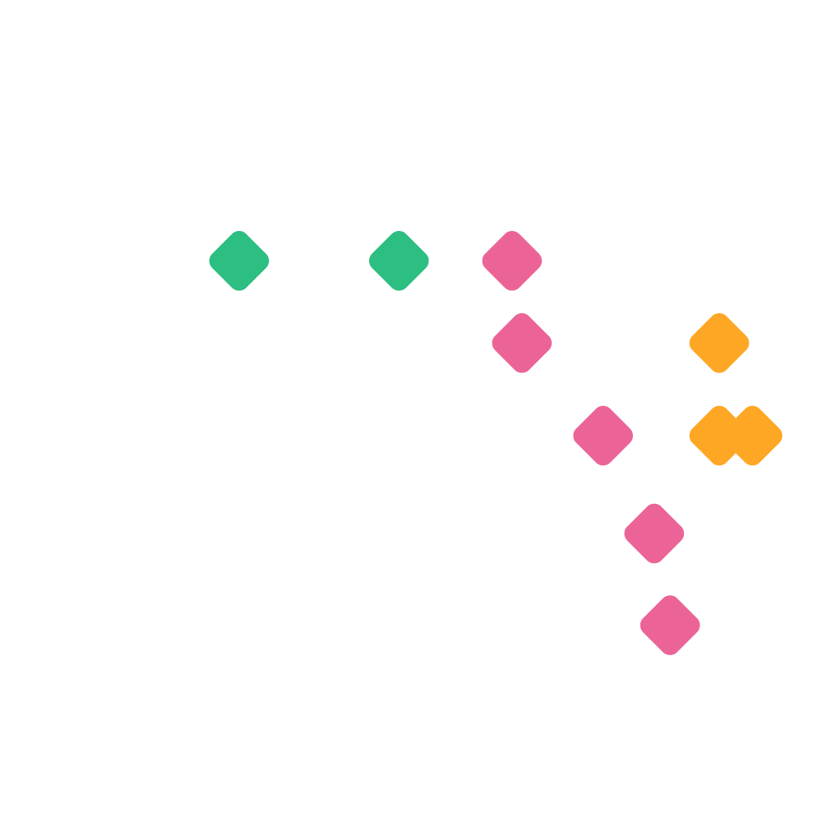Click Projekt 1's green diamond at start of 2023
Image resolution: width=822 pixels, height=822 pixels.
(238, 261)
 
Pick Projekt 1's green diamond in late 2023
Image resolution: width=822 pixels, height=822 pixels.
(399, 261)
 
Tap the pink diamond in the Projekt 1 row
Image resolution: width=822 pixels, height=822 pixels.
(511, 261)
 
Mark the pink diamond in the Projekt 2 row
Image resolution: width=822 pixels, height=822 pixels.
(521, 343)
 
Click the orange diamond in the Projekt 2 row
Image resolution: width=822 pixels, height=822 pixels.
(719, 343)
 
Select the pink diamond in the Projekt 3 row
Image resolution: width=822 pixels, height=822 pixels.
(603, 435)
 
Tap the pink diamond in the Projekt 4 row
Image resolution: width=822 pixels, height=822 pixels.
(653, 533)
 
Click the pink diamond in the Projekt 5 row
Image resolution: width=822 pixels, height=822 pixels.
(670, 625)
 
